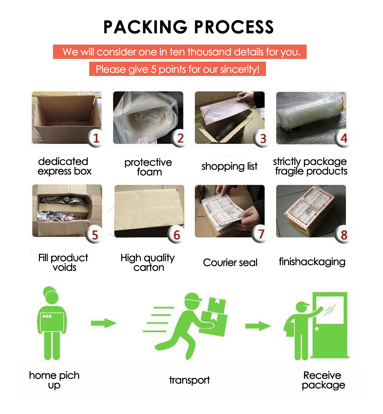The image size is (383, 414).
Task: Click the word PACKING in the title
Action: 145,27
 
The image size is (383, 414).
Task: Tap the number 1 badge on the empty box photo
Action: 96,138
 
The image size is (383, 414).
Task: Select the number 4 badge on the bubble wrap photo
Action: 344,138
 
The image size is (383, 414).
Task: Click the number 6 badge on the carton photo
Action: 177,235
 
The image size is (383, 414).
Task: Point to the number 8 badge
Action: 344,235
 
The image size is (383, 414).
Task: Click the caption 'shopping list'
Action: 229,166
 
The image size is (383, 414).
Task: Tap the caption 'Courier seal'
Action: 230,263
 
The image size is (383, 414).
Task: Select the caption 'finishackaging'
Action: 312,262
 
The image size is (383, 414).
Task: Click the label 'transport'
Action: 189,380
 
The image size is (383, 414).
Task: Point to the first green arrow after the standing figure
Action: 104,323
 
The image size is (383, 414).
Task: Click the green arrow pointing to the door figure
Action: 258,326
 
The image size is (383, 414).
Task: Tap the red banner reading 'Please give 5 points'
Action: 177,69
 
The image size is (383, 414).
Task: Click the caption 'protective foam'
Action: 148,167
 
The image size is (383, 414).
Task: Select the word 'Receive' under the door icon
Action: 322,375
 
